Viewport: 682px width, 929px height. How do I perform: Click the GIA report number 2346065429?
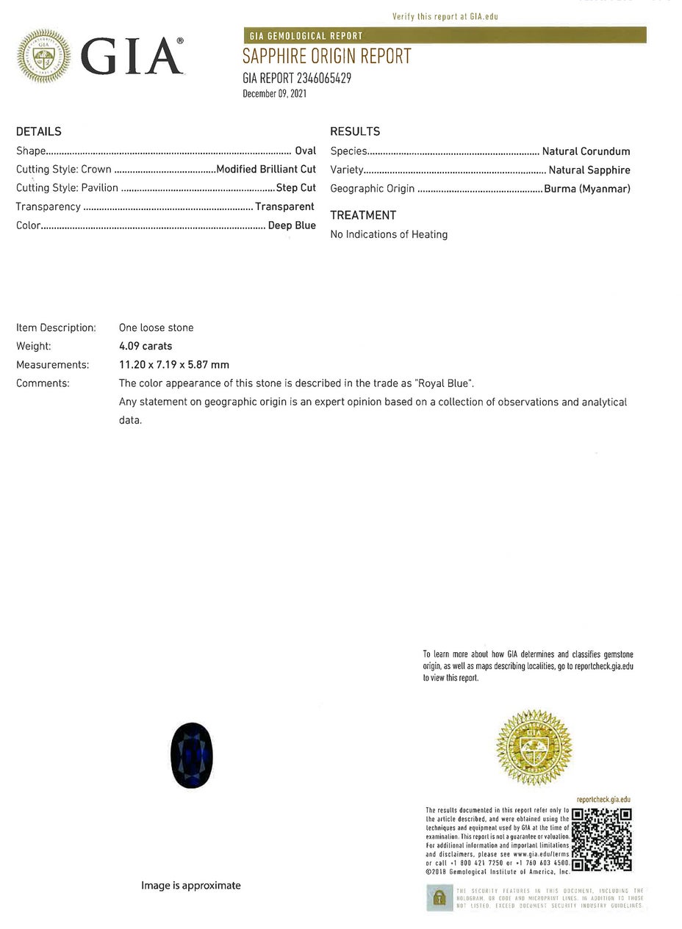[297, 78]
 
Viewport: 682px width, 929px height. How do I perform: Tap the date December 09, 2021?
[274, 93]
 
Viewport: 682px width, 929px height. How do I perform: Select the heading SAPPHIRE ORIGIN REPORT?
[326, 57]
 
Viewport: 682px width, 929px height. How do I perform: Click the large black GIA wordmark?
[132, 57]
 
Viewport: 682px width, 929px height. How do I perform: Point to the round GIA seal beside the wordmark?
[43, 56]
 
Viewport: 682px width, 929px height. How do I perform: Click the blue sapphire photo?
[191, 755]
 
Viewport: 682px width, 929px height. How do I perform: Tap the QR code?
[601, 839]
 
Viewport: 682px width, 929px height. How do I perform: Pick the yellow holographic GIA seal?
[534, 748]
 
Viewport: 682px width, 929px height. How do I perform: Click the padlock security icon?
[439, 897]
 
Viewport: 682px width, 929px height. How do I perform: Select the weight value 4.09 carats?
[146, 346]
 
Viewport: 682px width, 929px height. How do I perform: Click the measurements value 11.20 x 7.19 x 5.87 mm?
[174, 364]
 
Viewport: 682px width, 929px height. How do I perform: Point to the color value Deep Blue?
[292, 225]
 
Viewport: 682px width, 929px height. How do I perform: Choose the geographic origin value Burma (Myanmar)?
[587, 189]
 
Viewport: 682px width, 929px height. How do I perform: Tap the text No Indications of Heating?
[389, 234]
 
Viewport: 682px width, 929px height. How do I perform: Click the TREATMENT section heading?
[363, 215]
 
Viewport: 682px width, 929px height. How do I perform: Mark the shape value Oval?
[305, 151]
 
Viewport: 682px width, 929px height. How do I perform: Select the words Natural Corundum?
[586, 151]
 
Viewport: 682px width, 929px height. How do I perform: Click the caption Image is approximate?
[191, 886]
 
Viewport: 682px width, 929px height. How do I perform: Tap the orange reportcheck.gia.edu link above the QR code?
[603, 800]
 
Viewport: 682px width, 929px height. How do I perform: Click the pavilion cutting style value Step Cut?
[296, 188]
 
